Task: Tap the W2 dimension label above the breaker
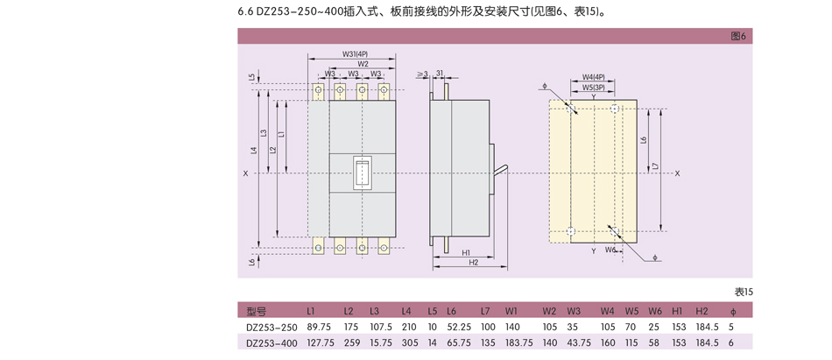tap(363, 63)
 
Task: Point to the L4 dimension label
tap(253, 151)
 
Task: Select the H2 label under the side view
tap(473, 261)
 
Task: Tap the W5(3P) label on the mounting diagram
tap(594, 87)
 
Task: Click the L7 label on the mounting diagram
tap(655, 166)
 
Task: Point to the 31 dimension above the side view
tap(440, 74)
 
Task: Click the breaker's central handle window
tap(362, 173)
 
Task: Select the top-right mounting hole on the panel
tap(617, 109)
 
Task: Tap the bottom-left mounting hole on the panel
tap(570, 231)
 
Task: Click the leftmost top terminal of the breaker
tap(319, 89)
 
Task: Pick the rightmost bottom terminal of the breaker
tap(383, 247)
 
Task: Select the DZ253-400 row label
tap(272, 343)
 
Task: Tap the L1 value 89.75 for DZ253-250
tap(319, 327)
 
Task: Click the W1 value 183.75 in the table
tap(519, 343)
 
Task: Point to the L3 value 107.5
tap(381, 327)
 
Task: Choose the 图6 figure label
tap(737, 37)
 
